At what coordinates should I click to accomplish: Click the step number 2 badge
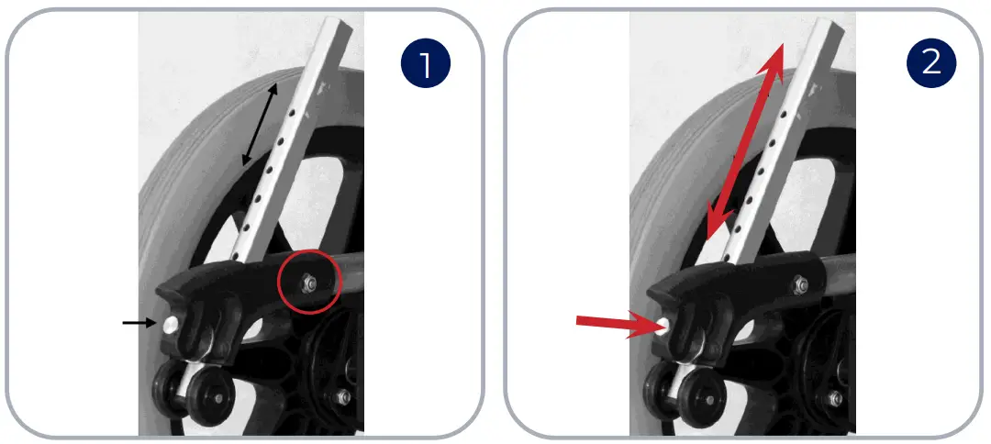coord(931,63)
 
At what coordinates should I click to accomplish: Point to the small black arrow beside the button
coord(138,322)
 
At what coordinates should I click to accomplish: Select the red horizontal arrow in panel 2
coord(611,322)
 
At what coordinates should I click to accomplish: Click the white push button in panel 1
coord(172,323)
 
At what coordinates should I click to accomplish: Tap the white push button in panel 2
coord(663,325)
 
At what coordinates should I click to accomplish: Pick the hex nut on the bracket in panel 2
coord(801,285)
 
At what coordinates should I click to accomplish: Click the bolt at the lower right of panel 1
coord(342,396)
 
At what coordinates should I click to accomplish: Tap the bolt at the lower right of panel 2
coord(834,397)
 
